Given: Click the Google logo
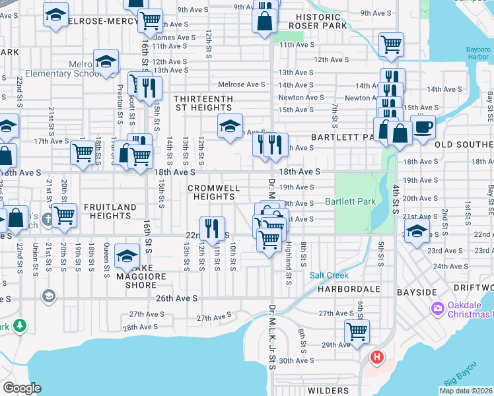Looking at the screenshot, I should [x=21, y=388].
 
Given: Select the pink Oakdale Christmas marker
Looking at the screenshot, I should [x=437, y=308].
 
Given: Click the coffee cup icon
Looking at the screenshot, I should [x=423, y=126].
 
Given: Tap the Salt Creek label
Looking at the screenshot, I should [x=329, y=275].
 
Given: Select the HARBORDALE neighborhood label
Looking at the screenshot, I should [x=347, y=290].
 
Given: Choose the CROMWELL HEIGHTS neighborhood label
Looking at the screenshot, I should [x=213, y=192].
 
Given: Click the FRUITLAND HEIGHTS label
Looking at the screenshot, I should [x=110, y=211].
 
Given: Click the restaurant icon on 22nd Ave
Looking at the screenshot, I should [x=212, y=228].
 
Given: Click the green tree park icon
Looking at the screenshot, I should [x=20, y=325].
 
